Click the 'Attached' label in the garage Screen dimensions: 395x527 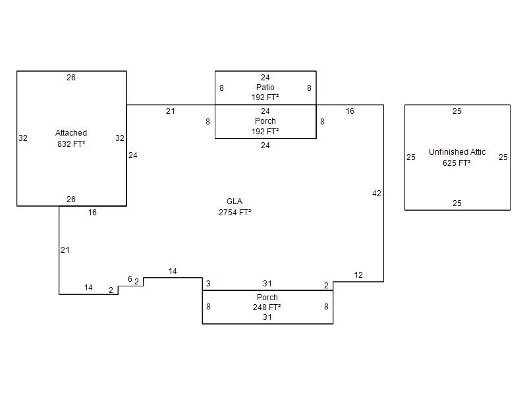71,133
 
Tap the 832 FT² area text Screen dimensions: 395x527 71,144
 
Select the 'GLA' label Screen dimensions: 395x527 235,201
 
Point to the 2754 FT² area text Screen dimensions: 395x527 235,213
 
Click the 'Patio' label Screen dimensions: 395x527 265,88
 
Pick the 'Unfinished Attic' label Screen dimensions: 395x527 457,152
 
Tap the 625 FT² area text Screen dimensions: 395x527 457,163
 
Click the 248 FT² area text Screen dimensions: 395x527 267,307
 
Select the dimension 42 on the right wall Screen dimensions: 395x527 377,194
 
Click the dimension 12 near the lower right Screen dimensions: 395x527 358,275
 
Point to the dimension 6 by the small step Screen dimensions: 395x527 130,278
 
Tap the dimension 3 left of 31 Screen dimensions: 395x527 208,284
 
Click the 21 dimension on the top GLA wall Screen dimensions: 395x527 171,111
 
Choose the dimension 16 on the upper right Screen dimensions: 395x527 350,111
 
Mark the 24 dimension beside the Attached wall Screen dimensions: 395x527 133,155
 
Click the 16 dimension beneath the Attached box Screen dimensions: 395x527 92,213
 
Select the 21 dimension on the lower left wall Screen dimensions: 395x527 65,250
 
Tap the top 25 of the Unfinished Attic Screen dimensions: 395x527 457,111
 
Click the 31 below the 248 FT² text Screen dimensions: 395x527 267,317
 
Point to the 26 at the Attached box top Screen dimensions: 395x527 71,78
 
